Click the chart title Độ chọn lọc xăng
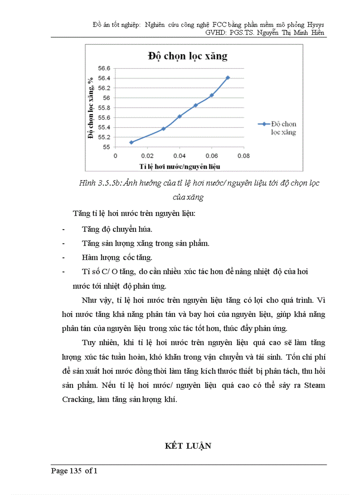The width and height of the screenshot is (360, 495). click(187, 56)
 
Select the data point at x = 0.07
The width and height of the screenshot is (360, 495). click(228, 78)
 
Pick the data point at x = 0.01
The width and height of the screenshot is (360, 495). click(131, 142)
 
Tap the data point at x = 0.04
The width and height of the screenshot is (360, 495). click(180, 116)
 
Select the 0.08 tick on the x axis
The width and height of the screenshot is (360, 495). click(244, 156)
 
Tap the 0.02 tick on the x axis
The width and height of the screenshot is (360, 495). click(147, 156)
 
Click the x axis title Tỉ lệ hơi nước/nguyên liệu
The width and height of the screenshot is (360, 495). click(180, 166)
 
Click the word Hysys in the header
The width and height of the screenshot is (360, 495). click(314, 24)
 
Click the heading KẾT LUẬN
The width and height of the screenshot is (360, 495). click(188, 446)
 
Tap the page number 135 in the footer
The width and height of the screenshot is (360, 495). click(75, 471)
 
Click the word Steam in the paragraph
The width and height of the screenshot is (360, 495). click(315, 385)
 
